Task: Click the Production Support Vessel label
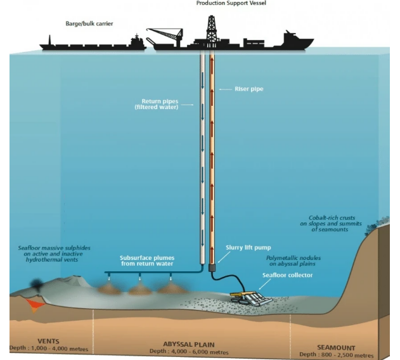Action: click(x=231, y=4)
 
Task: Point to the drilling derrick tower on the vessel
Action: click(x=212, y=29)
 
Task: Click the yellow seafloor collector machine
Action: click(x=247, y=297)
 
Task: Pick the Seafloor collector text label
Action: click(x=287, y=275)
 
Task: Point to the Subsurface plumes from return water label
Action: click(x=147, y=260)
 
